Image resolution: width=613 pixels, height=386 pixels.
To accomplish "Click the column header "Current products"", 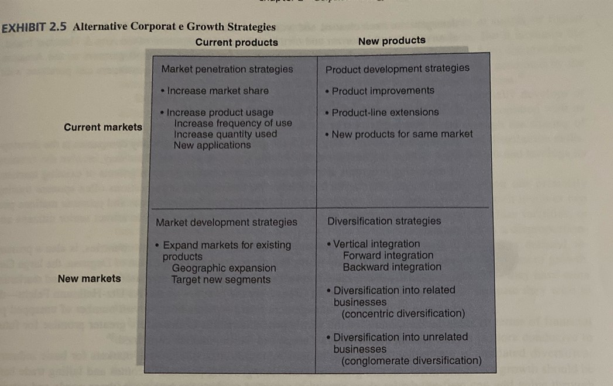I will tap(237, 43).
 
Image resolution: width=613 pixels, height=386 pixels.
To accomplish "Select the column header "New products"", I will tap(392, 41).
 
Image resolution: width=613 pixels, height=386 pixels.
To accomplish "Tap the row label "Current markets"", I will tap(103, 127).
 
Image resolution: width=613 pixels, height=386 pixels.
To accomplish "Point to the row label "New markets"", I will tap(89, 278).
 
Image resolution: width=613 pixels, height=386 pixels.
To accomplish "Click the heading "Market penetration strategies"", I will tap(227, 69).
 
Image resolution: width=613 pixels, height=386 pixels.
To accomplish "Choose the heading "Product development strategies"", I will tap(397, 68).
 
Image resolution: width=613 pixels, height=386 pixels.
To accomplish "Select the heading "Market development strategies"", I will tap(227, 222).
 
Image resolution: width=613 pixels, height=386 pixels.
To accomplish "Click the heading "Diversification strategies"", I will tap(384, 221).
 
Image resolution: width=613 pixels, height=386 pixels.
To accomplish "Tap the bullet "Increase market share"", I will tap(218, 91).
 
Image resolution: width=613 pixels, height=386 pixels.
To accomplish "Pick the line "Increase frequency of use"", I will tap(233, 123).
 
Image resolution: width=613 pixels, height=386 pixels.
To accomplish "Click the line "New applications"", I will tap(212, 145).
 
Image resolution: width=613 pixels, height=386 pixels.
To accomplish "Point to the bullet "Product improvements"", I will tap(383, 91).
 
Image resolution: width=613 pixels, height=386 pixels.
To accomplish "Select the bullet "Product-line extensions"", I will tap(385, 112).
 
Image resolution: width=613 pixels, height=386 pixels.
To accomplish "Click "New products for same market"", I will tap(402, 134).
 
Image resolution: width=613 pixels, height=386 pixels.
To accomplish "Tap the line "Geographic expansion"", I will tap(224, 268).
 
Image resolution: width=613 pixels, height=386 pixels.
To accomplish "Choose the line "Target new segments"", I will tap(221, 280).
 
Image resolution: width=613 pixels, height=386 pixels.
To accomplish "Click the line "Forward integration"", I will tap(388, 256).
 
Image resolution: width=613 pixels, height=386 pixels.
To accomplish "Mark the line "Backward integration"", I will tap(392, 267).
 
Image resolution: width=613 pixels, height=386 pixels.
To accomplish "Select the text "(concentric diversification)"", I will tap(403, 314).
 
